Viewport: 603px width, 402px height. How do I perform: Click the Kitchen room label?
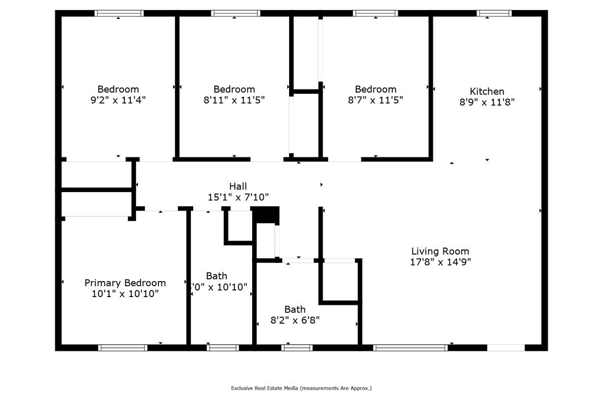(x=487, y=91)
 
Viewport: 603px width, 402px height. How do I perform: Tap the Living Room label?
(x=440, y=251)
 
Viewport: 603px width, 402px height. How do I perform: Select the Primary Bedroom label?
(x=125, y=283)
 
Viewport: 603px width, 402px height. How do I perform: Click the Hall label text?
(x=238, y=186)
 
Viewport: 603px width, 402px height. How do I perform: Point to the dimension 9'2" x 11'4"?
(x=118, y=100)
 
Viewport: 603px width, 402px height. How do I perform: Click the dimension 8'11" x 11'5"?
(x=234, y=100)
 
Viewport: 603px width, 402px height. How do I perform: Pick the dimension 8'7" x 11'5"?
(x=375, y=100)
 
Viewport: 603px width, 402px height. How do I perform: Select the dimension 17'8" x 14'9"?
(x=440, y=261)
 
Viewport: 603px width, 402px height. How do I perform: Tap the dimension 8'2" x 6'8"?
(x=294, y=320)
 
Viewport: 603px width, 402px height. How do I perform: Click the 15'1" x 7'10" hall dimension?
(x=238, y=197)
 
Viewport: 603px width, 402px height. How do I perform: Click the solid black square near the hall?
(x=266, y=215)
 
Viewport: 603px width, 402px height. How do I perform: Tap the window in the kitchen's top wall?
(x=494, y=13)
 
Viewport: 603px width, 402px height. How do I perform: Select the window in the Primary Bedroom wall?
(x=122, y=348)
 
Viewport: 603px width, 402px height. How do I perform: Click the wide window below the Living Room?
(x=410, y=348)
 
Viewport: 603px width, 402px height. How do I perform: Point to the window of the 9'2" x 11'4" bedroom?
(x=119, y=13)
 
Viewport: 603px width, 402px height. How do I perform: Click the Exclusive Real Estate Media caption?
(x=301, y=388)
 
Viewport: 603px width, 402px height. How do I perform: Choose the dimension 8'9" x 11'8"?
(x=487, y=102)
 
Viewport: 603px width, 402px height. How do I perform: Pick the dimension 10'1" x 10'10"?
(x=125, y=294)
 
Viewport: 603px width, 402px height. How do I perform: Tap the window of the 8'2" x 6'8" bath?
(x=297, y=348)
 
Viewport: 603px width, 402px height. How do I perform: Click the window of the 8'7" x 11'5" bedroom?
(x=375, y=13)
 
